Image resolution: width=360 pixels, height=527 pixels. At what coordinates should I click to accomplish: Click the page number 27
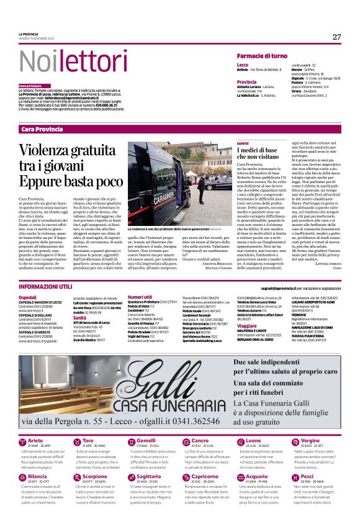[336, 37]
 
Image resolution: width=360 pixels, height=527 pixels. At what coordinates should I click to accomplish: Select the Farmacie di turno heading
[262, 56]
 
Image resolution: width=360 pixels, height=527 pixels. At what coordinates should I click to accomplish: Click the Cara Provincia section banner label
[42, 129]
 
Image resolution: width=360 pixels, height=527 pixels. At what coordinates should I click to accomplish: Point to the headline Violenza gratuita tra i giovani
[70, 165]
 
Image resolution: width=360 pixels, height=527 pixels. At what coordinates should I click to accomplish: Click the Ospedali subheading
[28, 297]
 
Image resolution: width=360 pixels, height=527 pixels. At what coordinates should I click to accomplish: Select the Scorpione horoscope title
[95, 476]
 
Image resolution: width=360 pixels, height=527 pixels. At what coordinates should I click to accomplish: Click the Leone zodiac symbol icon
[225, 442]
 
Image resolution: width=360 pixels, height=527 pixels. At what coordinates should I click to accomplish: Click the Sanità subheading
[80, 317]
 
